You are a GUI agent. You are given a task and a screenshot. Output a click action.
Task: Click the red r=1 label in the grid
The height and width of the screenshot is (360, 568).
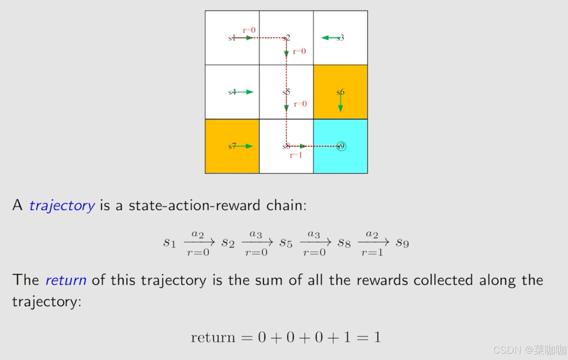[296, 155]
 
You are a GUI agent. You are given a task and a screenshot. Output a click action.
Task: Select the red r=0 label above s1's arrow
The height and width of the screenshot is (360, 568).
[249, 30]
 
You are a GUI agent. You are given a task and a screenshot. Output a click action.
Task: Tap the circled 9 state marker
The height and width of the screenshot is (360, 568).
[341, 146]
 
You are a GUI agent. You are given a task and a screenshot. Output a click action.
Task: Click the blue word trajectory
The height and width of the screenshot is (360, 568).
[62, 205]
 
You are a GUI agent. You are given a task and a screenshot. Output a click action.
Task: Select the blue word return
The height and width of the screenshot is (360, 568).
[66, 280]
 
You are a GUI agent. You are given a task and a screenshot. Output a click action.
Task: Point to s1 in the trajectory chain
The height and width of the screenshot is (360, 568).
[169, 243]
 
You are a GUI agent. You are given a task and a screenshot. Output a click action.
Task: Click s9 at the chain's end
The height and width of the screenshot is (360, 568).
[402, 243]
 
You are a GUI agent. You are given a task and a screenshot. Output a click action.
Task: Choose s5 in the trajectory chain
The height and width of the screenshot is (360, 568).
[286, 243]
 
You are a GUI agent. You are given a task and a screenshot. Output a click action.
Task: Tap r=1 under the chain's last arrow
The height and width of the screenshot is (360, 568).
[372, 252]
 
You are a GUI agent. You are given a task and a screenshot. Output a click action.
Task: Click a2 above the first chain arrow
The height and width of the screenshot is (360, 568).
[198, 234]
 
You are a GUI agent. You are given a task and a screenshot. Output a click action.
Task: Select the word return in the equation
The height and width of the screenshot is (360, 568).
[213, 337]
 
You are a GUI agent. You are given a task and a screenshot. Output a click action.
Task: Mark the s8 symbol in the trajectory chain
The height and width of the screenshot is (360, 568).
[344, 243]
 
